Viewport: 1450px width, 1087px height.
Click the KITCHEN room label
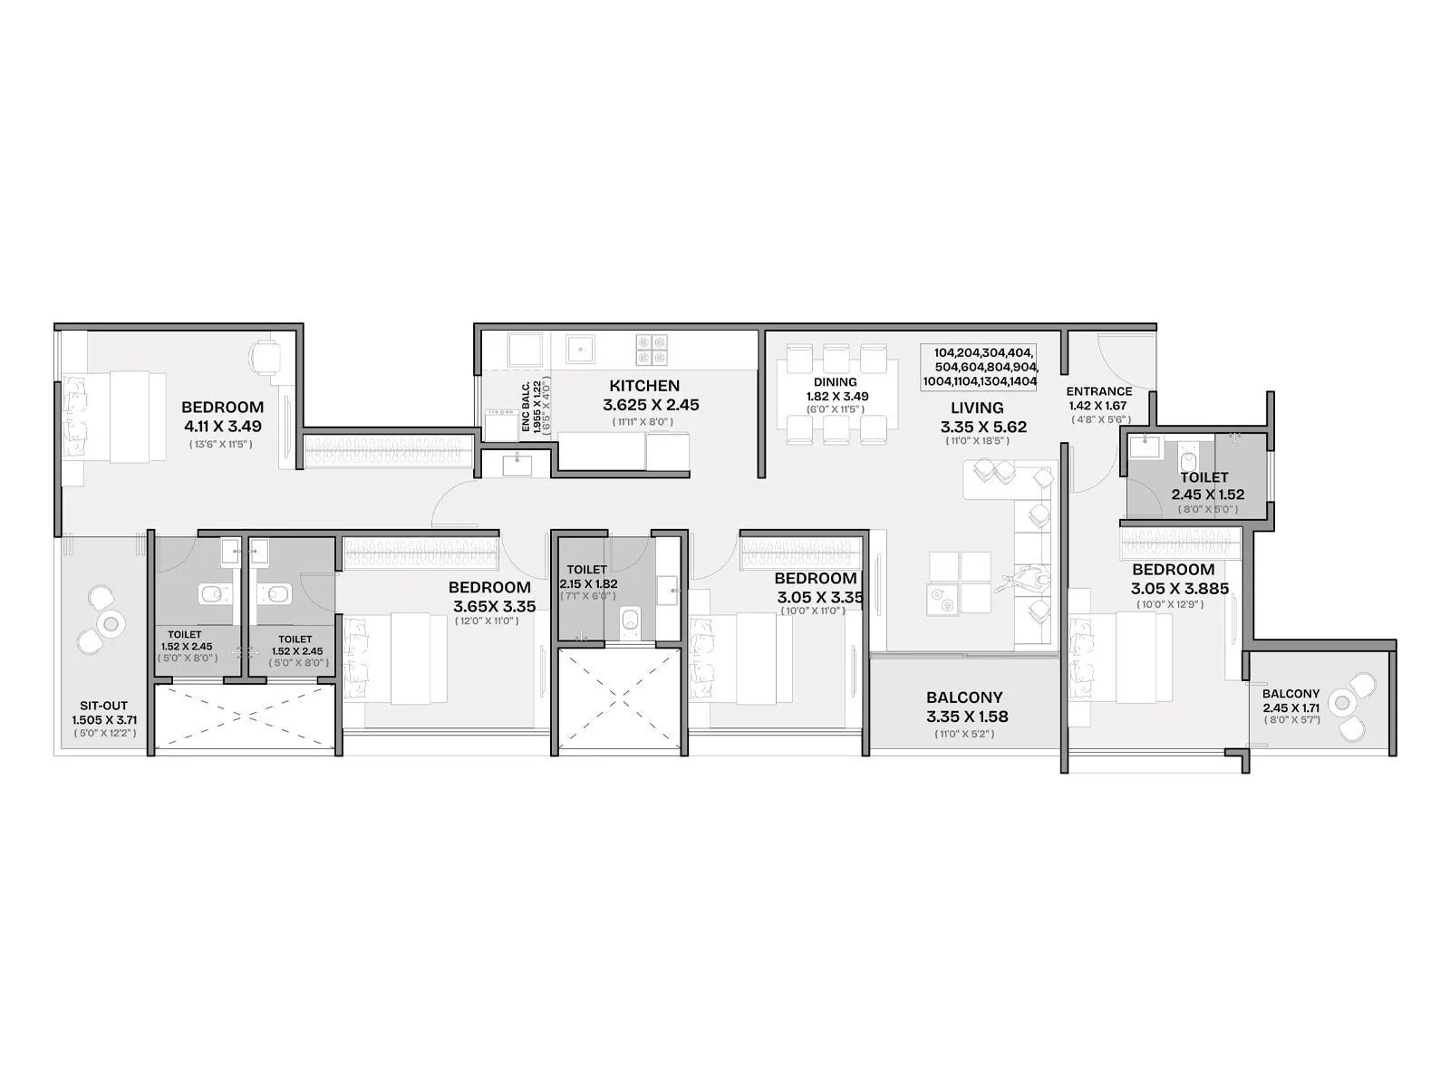644,386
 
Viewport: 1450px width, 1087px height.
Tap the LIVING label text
977,408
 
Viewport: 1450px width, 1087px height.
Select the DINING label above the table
835,382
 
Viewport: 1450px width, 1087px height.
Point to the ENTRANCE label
1098,391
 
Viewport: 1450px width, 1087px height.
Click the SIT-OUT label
104,706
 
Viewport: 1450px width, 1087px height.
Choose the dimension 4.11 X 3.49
222,426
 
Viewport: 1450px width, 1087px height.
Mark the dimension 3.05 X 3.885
1180,589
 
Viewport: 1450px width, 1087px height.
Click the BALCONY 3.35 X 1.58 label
964,707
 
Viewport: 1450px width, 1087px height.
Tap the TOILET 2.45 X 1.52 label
1206,486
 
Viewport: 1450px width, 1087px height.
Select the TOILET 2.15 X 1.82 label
587,577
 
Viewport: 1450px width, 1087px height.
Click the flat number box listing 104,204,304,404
979,367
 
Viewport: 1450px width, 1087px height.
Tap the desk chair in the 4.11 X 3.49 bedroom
266,356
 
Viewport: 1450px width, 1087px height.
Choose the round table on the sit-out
112,622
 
